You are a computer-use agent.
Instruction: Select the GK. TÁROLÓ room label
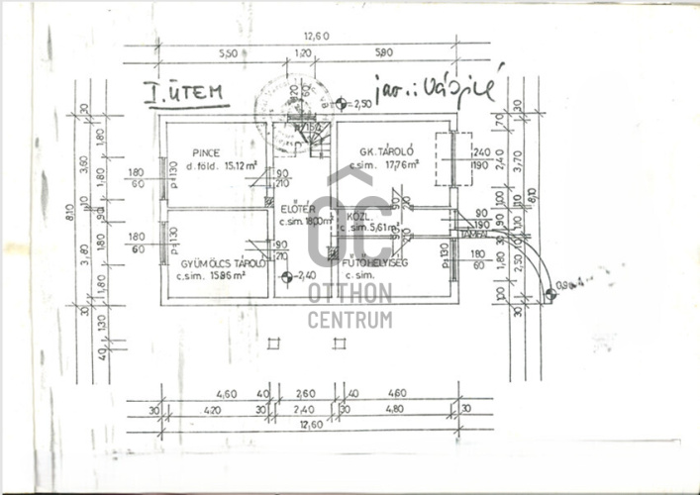386,152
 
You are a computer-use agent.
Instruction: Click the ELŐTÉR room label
297,209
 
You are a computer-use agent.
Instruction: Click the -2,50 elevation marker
354,103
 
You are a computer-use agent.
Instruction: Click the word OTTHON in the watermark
350,294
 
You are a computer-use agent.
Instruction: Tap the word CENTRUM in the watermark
350,319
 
